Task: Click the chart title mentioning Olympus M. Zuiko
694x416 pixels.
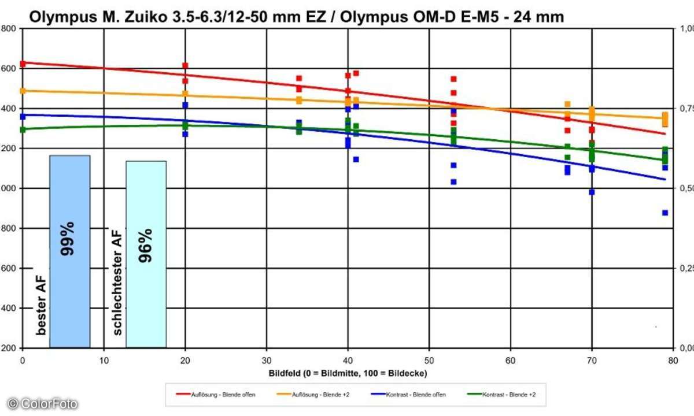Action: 296,17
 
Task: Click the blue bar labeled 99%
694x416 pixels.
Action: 69,251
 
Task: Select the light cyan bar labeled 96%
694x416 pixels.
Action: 146,254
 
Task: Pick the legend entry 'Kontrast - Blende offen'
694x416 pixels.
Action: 405,395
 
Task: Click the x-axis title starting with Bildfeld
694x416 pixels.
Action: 348,373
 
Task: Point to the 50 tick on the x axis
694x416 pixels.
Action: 429,359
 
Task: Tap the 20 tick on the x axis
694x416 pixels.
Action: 185,359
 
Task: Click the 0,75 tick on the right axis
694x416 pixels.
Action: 685,108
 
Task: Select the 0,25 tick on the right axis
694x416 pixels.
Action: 685,268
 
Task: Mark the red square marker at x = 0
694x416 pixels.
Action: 23,64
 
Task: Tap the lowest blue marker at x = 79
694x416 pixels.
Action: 665,213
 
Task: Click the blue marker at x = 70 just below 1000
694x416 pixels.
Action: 592,192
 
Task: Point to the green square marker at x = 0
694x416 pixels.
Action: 23,129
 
